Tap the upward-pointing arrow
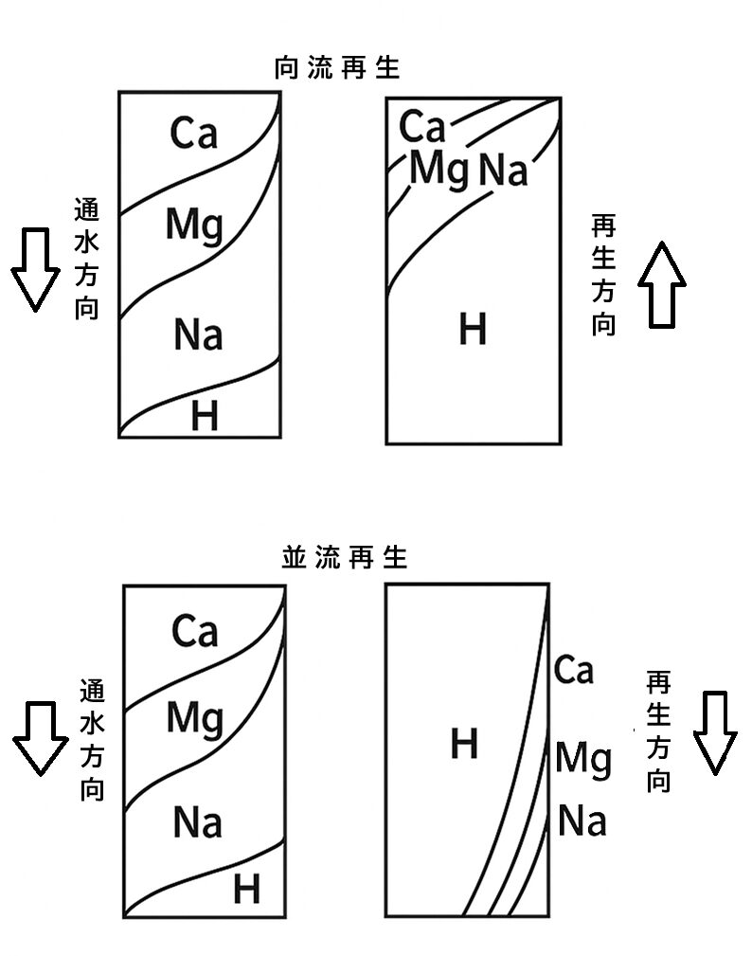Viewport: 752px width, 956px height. pyautogui.click(x=661, y=284)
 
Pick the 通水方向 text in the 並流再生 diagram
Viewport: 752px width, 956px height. pyautogui.click(x=92, y=740)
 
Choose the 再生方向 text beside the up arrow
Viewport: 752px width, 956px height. pyautogui.click(x=603, y=276)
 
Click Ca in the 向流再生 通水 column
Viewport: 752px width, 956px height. pyautogui.click(x=193, y=134)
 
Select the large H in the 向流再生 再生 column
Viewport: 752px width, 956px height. pyautogui.click(x=472, y=331)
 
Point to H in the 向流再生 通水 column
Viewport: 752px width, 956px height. pyautogui.click(x=204, y=416)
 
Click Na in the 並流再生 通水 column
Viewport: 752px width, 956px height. pyautogui.click(x=197, y=823)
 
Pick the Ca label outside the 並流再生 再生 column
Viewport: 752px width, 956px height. pyautogui.click(x=573, y=671)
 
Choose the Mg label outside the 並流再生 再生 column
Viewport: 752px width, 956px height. pyautogui.click(x=582, y=760)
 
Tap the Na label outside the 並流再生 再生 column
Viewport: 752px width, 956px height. pyautogui.click(x=582, y=821)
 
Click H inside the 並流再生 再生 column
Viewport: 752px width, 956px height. pyautogui.click(x=463, y=745)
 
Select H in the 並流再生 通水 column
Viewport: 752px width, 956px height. pyautogui.click(x=246, y=890)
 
